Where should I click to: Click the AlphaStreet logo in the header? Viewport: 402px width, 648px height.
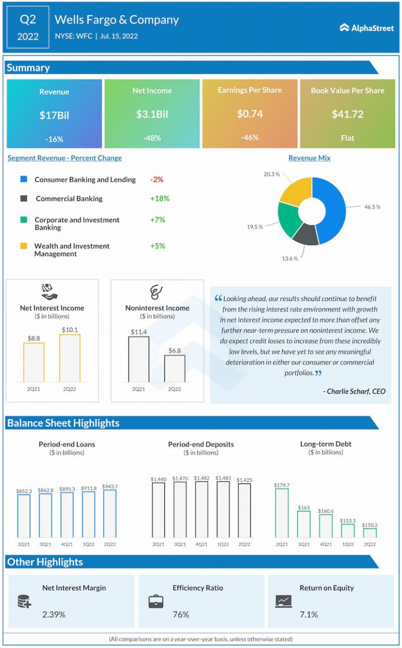366,28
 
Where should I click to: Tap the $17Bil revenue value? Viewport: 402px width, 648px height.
54,115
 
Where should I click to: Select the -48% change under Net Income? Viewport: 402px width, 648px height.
152,138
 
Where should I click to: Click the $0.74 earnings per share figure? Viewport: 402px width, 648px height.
249,114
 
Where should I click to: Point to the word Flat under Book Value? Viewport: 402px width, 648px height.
347,138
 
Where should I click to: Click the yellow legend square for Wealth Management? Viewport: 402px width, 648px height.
24,246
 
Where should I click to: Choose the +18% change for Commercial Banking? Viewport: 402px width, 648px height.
160,199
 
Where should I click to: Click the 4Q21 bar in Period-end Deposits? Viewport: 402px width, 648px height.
202,509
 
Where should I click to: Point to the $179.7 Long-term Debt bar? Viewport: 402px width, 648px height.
282,513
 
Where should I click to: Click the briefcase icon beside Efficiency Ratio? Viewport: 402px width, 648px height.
155,601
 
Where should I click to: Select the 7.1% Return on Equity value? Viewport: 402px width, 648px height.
308,614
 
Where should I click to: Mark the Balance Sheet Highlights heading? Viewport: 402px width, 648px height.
63,423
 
